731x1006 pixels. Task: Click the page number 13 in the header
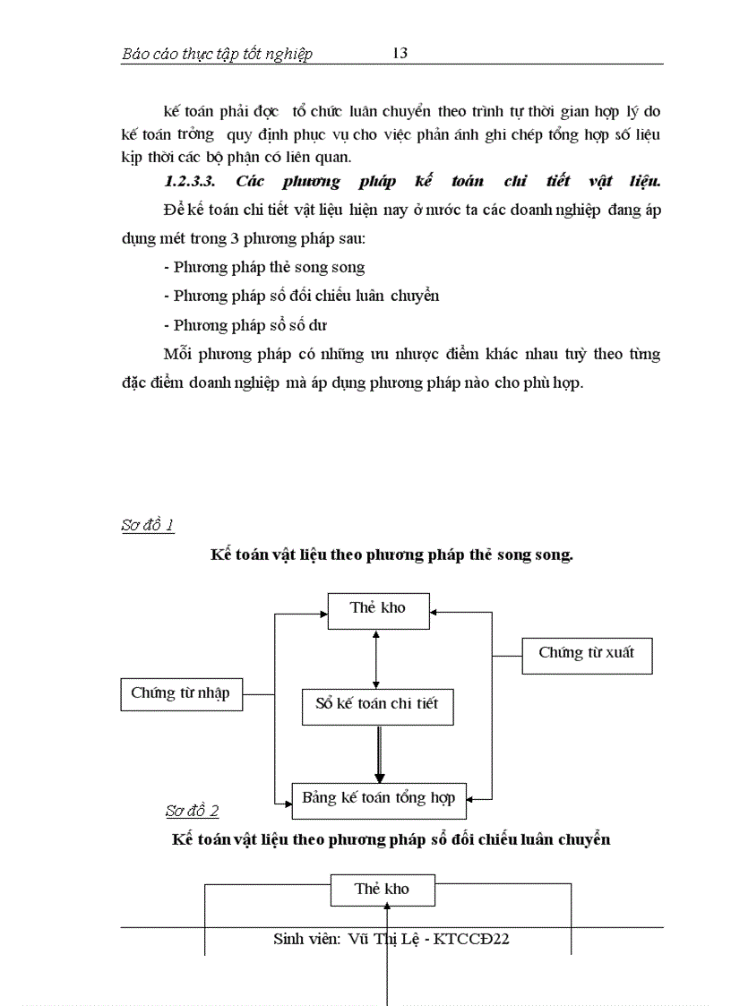pyautogui.click(x=400, y=53)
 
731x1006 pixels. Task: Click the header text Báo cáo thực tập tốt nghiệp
pyautogui.click(x=217, y=54)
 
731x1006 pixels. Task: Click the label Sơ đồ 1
pyautogui.click(x=147, y=525)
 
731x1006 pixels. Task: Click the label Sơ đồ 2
pyautogui.click(x=192, y=812)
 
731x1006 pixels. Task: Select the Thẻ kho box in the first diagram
pyautogui.click(x=377, y=608)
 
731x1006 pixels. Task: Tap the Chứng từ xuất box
pyautogui.click(x=586, y=653)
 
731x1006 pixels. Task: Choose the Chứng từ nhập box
pyautogui.click(x=180, y=693)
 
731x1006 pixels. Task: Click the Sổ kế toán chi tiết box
pyautogui.click(x=377, y=704)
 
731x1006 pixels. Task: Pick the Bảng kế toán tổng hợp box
pyautogui.click(x=379, y=798)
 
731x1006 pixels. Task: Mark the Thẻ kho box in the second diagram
pyautogui.click(x=382, y=889)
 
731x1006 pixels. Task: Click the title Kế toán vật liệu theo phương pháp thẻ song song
pyautogui.click(x=391, y=555)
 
